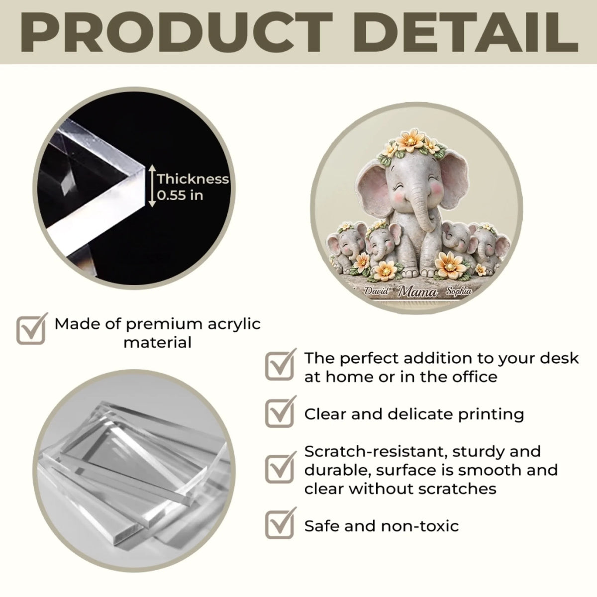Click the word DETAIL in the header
pos(466,32)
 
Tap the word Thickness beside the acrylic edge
pos(193,179)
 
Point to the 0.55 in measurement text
pos(180,196)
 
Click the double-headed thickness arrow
pos(152,186)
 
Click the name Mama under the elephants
pos(417,291)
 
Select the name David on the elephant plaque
pos(376,291)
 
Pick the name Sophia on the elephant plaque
pos(459,291)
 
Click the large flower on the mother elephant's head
pos(410,141)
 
